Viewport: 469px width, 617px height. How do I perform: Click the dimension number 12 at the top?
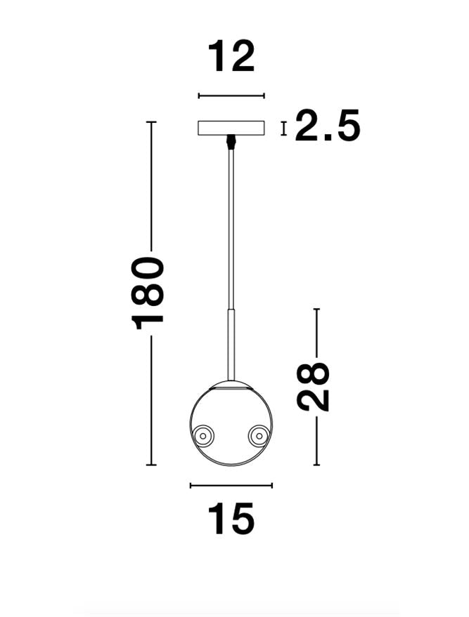[x=231, y=57]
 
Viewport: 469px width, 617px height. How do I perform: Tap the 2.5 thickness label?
[x=327, y=127]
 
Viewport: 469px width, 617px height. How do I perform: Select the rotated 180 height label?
[x=149, y=293]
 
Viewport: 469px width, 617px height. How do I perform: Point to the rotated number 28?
[x=314, y=386]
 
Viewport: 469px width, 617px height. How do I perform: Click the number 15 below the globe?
[x=231, y=519]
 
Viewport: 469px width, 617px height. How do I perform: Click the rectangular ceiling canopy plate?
[x=231, y=128]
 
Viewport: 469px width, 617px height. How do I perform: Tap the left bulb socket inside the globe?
[x=205, y=436]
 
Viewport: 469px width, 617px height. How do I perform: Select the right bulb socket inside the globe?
[x=258, y=436]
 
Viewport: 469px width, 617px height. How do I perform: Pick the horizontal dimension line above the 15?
[x=231, y=485]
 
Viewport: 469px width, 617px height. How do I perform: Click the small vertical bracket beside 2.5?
[x=283, y=128]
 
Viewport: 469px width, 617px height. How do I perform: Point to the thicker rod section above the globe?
[x=231, y=344]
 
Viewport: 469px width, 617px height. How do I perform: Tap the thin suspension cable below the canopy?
[x=231, y=225]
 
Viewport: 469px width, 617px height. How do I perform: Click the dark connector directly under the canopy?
[x=230, y=142]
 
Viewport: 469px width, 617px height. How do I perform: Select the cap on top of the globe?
[x=231, y=383]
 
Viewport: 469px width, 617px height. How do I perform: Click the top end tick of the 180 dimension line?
[x=150, y=122]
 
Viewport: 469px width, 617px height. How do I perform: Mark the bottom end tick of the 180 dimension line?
[x=150, y=465]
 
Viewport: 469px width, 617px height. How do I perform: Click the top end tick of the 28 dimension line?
[x=317, y=309]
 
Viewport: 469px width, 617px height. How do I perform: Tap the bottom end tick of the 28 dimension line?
[x=317, y=465]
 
